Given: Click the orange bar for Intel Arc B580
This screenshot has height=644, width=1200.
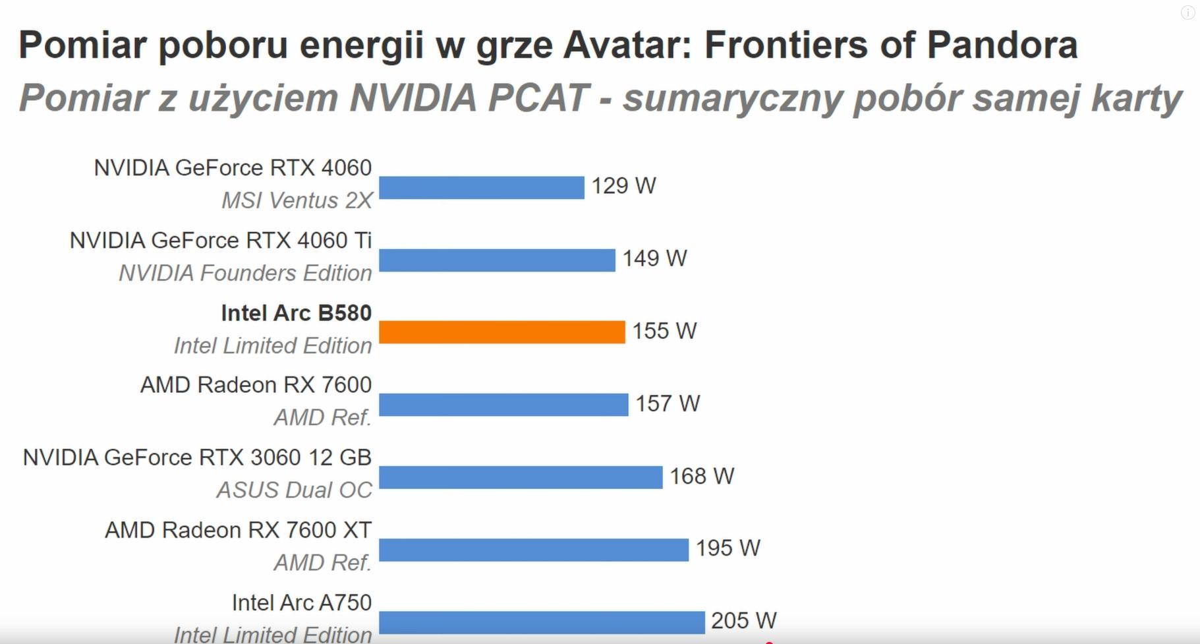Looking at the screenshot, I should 501,332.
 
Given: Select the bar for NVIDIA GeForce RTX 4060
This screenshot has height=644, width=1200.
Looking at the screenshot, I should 481,187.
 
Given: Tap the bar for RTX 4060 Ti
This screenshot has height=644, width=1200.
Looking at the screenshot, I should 497,260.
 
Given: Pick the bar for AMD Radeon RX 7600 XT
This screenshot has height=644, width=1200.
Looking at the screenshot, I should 534,550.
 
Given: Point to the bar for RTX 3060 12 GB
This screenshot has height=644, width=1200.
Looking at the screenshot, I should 521,477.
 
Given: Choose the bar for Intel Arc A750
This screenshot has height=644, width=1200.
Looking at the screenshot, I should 542,622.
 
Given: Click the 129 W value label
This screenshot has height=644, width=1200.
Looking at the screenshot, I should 623,186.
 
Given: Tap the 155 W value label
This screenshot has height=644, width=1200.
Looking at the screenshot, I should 664,331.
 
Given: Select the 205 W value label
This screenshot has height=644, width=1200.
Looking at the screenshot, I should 743,620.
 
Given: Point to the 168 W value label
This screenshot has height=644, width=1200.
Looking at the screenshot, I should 702,476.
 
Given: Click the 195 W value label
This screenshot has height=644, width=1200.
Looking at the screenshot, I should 728,548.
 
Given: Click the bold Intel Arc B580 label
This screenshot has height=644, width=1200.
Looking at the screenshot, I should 296,313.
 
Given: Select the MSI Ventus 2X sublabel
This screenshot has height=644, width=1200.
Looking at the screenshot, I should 297,200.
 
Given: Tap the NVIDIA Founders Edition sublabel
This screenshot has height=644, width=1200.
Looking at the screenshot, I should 245,273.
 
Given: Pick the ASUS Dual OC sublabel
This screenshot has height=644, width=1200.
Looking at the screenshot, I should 294,490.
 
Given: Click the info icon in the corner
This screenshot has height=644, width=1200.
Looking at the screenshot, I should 1187,13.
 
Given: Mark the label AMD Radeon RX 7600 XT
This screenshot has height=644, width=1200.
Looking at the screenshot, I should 238,530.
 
